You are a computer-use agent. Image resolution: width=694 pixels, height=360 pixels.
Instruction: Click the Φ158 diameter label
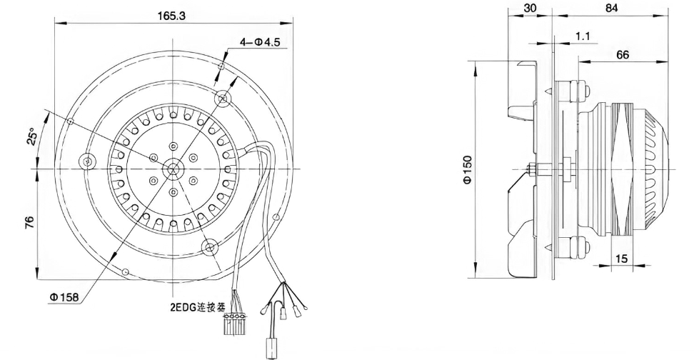[64, 297]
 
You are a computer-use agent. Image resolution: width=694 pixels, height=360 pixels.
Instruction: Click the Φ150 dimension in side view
[468, 169]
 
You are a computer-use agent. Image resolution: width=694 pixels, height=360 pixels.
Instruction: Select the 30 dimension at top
[529, 8]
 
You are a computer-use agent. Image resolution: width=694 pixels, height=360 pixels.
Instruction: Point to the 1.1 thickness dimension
[583, 36]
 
